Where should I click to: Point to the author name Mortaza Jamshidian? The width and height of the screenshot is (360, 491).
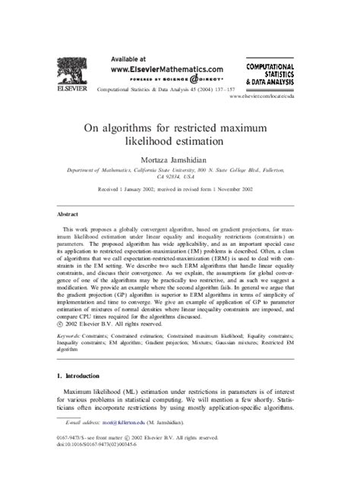pyautogui.click(x=179, y=162)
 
